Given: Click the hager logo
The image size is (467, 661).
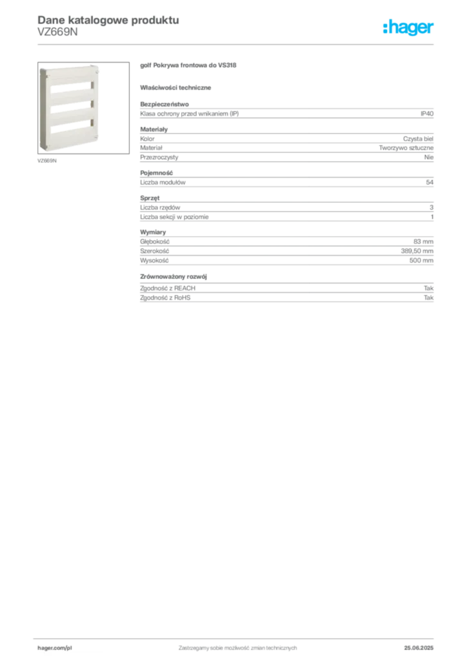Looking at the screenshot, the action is tap(408, 27).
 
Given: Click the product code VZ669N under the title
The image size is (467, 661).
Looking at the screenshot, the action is tap(57, 32).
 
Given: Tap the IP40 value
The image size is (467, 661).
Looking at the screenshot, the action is tap(426, 114).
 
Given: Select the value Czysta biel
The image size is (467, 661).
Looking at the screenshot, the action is tap(418, 139).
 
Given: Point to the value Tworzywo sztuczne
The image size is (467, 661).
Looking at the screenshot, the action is tap(406, 148).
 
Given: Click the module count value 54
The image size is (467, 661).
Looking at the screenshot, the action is tap(430, 182).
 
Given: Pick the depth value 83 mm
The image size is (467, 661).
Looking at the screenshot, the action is tap(423, 241).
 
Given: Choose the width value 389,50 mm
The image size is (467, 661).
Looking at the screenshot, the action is tap(417, 251).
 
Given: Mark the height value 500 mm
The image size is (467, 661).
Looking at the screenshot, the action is tap(421, 261).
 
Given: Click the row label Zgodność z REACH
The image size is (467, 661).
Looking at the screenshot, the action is tap(168, 289).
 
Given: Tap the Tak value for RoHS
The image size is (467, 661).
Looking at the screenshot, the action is tap(429, 298).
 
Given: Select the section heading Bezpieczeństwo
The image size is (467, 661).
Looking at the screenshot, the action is tap(164, 104).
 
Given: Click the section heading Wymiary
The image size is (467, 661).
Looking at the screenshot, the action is tap(153, 232).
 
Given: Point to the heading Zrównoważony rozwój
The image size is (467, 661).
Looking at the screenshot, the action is tap(174, 276).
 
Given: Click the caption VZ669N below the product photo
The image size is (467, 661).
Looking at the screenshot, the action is tap(46, 161).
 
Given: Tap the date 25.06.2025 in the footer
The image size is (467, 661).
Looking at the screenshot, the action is tap(419, 648).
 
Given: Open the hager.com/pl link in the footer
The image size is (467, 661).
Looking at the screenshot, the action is tap(55, 648).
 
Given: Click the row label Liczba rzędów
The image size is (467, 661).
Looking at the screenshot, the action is tap(160, 207).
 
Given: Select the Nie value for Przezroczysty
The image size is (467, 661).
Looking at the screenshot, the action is tap(429, 158).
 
